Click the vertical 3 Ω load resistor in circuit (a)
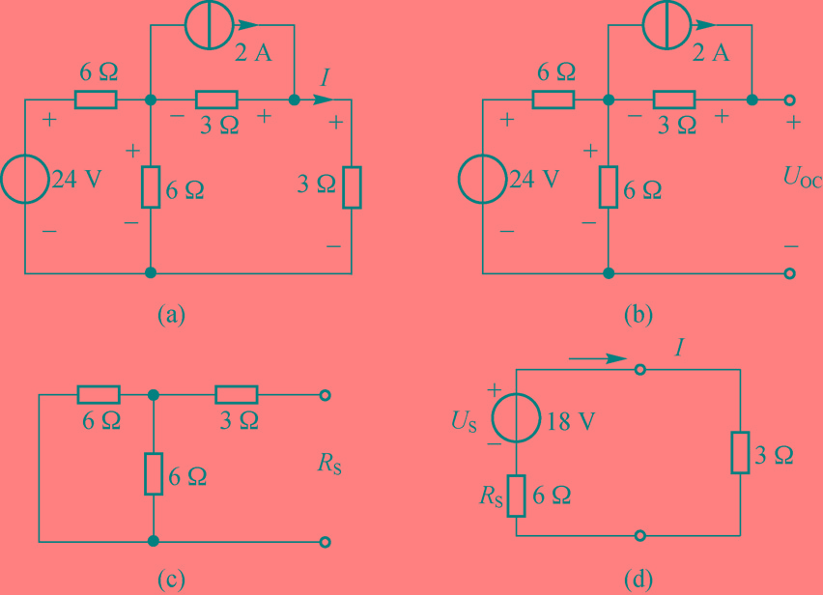click(352, 187)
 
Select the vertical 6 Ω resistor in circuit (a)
click(151, 187)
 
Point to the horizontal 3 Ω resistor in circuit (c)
click(237, 395)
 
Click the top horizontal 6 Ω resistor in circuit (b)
click(553, 99)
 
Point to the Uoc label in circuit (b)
click(802, 178)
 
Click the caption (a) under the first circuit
click(171, 313)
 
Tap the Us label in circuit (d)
click(466, 423)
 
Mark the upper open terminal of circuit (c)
click(326, 395)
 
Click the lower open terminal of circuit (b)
click(790, 273)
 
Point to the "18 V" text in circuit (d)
click(569, 423)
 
